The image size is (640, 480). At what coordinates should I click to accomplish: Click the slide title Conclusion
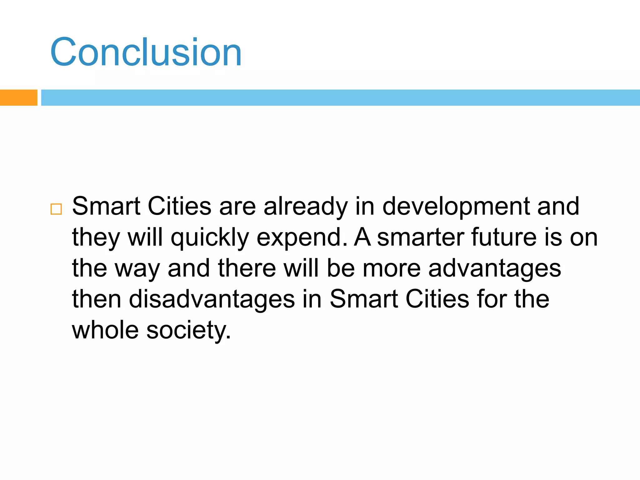click(146, 52)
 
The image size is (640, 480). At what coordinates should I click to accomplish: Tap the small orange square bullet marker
click(56, 209)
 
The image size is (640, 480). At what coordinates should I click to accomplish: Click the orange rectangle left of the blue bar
click(18, 97)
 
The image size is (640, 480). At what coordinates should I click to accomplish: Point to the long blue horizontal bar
click(340, 97)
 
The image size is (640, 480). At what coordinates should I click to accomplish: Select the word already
click(306, 207)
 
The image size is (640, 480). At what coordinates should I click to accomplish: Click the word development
click(456, 207)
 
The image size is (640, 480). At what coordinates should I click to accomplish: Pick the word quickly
click(210, 238)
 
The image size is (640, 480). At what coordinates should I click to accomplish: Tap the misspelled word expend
click(301, 238)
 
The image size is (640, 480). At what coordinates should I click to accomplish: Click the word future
click(504, 237)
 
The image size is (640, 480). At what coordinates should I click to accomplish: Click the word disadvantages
click(212, 299)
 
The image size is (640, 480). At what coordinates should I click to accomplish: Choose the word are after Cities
click(237, 207)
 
